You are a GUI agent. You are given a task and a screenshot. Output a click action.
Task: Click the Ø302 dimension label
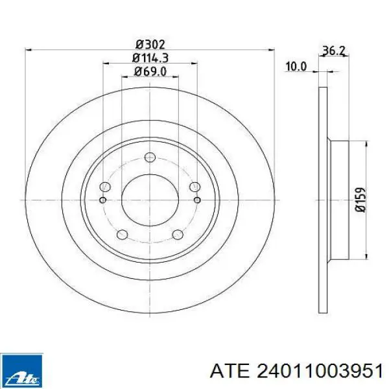pos(150,45)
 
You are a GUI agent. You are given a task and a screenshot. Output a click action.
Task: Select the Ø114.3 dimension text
pos(150,58)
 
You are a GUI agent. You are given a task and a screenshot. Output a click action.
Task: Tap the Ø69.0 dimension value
pos(150,72)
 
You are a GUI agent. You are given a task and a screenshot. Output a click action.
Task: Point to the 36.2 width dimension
pos(333,51)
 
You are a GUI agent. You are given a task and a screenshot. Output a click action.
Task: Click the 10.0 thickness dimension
pos(296,67)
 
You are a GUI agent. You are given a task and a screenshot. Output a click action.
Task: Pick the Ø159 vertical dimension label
pos(360,200)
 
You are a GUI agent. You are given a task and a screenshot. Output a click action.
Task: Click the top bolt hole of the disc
pos(150,158)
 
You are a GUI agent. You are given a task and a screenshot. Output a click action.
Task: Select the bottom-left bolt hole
pos(122,234)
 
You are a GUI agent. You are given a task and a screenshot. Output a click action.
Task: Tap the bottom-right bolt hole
pos(178,234)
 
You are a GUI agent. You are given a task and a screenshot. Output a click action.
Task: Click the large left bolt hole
pos(105,187)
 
